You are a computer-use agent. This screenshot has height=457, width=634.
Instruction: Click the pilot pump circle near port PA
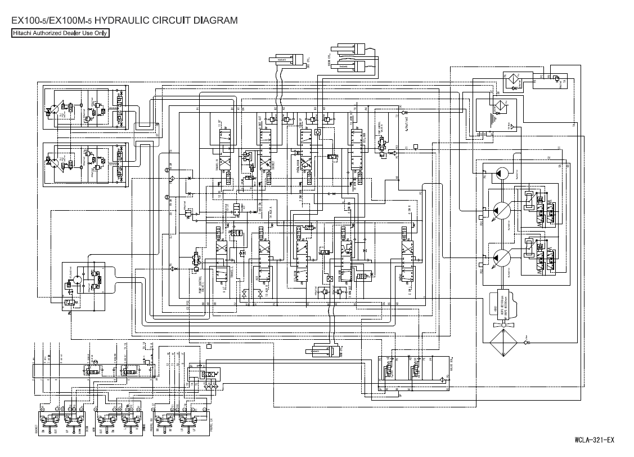(502, 172)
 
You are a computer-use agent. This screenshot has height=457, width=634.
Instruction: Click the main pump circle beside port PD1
(500, 211)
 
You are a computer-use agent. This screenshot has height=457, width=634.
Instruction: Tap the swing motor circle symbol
(79, 277)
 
